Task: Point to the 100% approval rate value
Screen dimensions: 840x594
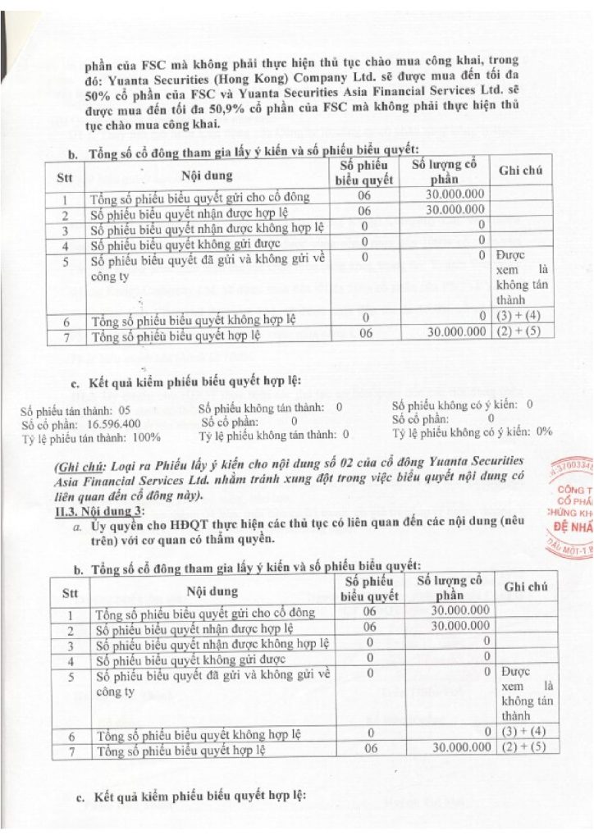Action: pos(144,436)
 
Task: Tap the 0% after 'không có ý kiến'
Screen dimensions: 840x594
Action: pos(544,432)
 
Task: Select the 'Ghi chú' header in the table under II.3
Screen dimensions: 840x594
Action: pos(525,587)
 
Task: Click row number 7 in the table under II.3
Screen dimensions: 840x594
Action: pos(71,751)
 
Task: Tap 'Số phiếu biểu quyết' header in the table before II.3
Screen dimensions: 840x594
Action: pos(367,173)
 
